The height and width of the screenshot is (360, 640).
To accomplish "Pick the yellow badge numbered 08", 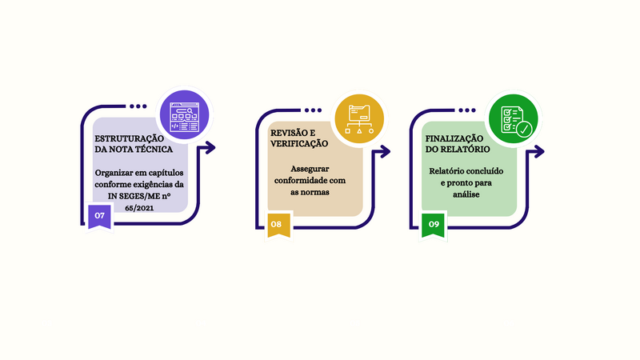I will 276,225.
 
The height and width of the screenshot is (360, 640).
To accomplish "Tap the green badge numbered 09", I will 434,225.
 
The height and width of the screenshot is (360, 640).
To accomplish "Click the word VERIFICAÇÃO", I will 300,142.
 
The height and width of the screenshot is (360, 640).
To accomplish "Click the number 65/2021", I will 139,208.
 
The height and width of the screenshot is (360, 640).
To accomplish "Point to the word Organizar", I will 114,173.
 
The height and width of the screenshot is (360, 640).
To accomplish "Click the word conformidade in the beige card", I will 310,181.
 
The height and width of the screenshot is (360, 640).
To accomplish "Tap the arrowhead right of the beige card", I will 386,150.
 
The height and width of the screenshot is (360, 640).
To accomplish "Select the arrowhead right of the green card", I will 539,150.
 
